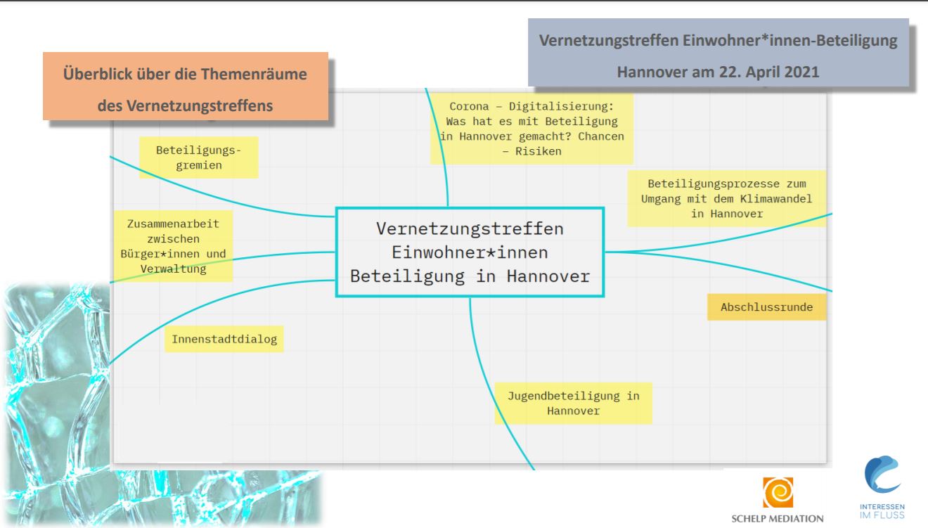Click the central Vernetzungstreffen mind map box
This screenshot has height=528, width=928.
(x=470, y=252)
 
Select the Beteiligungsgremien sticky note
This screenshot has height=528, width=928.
(x=199, y=157)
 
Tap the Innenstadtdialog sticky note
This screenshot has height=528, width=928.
(x=224, y=340)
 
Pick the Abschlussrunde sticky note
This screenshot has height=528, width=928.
(x=766, y=307)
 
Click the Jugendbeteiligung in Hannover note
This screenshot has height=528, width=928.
(x=573, y=403)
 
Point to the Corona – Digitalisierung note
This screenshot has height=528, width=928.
(x=531, y=129)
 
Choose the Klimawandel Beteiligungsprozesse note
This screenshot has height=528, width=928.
(x=726, y=198)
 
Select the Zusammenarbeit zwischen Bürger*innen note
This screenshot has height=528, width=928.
(x=173, y=246)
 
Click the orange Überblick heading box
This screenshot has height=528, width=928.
(x=186, y=86)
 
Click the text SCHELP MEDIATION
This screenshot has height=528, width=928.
(x=778, y=519)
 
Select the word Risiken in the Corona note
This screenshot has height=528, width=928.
(x=531, y=151)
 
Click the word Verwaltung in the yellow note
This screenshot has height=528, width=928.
(x=172, y=269)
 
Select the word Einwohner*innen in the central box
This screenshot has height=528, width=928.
(x=470, y=252)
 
